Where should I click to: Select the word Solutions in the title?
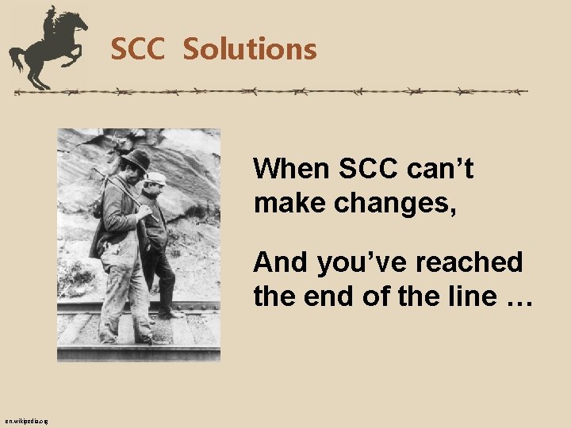[250, 50]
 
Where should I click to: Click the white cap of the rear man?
[155, 178]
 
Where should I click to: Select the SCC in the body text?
[370, 169]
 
